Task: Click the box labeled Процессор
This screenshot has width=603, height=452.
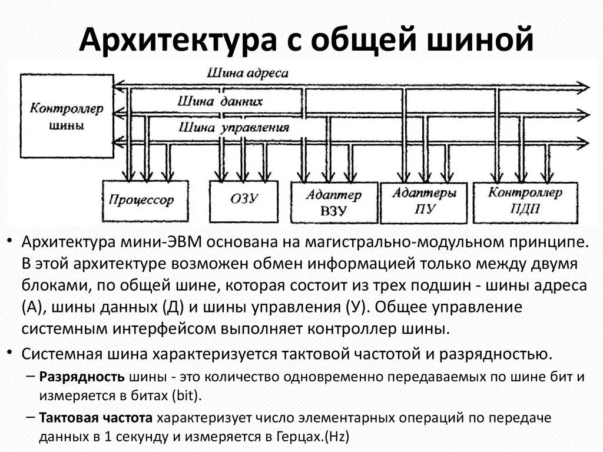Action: [141, 200]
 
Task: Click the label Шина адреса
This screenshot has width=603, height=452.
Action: [247, 74]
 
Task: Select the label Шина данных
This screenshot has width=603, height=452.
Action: [220, 101]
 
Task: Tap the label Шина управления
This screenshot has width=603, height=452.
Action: [234, 127]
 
